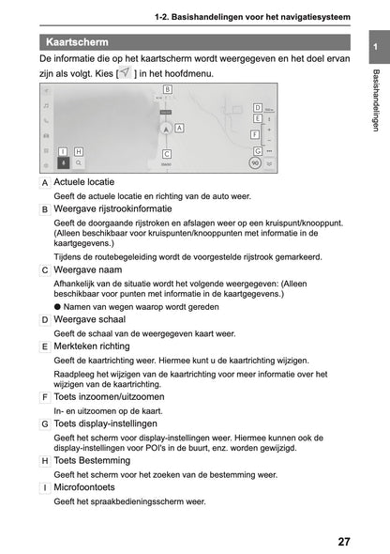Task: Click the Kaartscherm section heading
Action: point(77,42)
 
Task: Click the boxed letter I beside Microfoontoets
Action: point(45,488)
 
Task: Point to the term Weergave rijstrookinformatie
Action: point(112,208)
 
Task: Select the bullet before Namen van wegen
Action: point(56,306)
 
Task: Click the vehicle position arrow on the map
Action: point(165,131)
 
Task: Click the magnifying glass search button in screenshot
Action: point(79,162)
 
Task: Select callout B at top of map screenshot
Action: point(167,87)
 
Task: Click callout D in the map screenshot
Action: point(257,108)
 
